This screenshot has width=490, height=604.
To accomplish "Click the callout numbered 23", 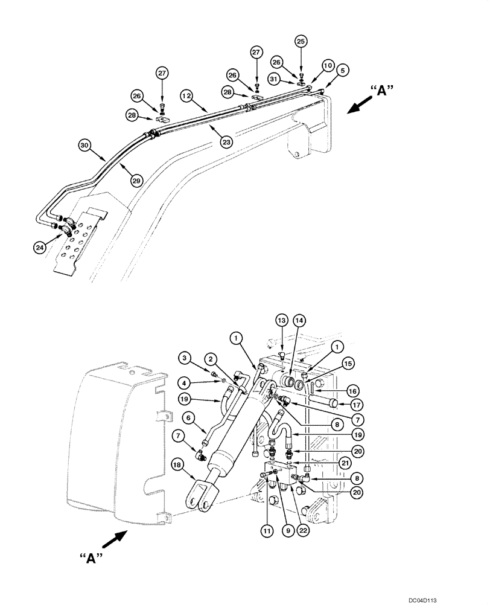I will [x=225, y=143].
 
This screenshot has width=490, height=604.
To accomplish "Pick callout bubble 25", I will [x=301, y=41].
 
